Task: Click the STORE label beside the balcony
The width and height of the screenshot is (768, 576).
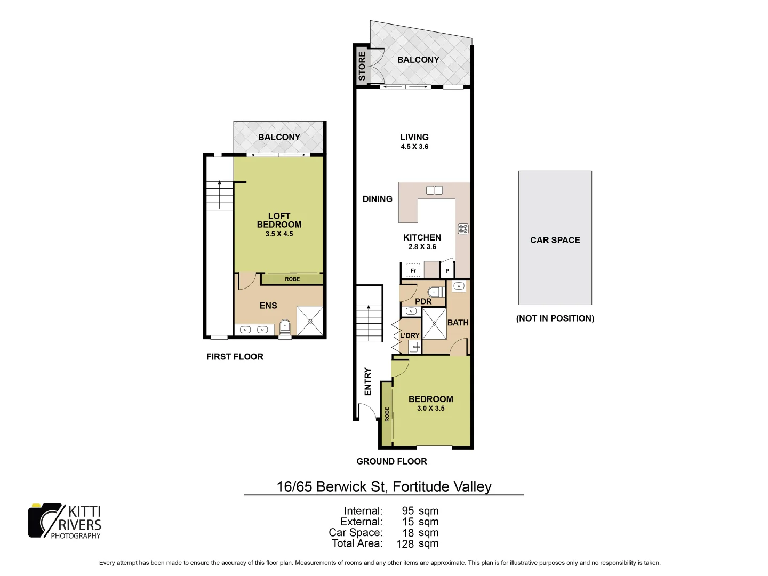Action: [362, 66]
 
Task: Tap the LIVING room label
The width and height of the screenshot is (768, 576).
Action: [414, 137]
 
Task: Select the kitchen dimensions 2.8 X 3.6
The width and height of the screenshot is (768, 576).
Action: [422, 247]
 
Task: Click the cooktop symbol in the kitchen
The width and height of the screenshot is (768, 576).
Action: [463, 229]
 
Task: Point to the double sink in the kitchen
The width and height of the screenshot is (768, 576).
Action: [434, 190]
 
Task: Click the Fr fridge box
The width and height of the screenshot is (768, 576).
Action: [413, 270]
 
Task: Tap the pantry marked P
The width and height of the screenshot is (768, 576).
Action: [447, 271]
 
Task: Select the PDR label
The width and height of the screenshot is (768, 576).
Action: [423, 301]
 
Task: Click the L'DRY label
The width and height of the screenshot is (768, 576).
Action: [410, 335]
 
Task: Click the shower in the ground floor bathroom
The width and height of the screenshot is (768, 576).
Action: [434, 323]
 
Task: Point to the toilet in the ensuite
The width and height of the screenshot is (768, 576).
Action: [285, 326]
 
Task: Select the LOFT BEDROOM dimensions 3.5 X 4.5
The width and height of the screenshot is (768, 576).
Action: [279, 234]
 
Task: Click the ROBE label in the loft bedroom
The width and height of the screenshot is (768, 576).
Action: [292, 279]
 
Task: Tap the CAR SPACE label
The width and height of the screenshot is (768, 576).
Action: [555, 240]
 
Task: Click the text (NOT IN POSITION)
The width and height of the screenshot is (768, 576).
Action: [555, 318]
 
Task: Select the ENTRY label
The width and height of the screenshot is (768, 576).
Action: [367, 381]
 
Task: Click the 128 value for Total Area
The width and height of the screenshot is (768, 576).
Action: [405, 544]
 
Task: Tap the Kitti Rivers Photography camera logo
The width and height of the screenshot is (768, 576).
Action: [45, 521]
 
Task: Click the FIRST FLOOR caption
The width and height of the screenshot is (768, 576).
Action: [235, 357]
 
